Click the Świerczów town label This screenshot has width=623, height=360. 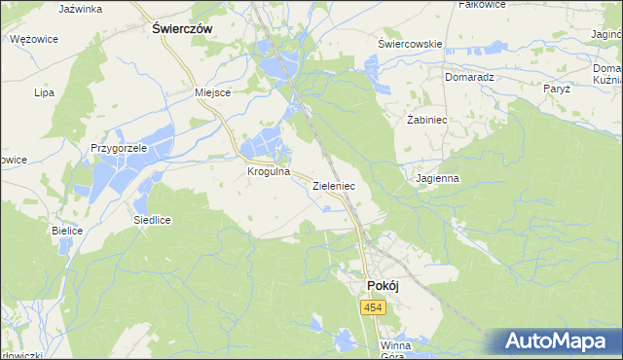[183, 29]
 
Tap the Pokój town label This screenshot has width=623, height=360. [383, 284]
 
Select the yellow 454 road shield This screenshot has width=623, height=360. [373, 307]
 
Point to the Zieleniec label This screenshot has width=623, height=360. [334, 184]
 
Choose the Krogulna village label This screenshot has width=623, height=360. [270, 171]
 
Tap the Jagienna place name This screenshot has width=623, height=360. [436, 178]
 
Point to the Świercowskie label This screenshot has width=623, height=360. [411, 44]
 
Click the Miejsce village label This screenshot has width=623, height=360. [212, 92]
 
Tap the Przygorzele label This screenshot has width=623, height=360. [119, 148]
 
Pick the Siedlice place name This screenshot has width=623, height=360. [153, 220]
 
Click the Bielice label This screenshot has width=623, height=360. [67, 231]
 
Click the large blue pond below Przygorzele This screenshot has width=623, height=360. [115, 179]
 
